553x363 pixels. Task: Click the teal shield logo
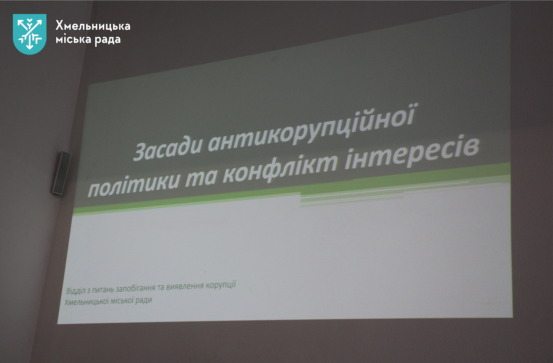30,34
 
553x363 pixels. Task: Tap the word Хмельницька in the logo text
93,26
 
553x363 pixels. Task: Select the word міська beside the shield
73,39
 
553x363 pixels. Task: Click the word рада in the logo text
107,40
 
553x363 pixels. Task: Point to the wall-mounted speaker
61,174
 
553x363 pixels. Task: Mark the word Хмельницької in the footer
87,302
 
